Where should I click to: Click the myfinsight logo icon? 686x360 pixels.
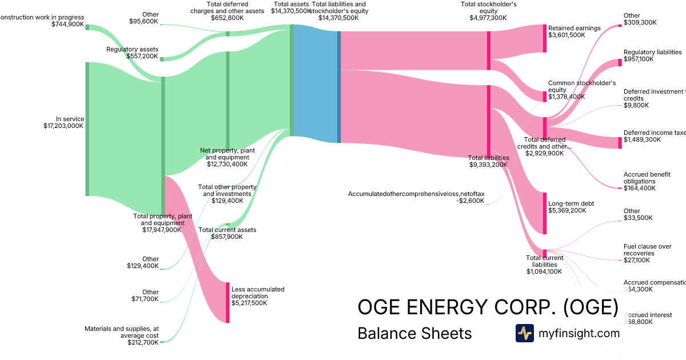(x=524, y=333)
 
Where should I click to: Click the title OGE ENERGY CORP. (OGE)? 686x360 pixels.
(x=488, y=307)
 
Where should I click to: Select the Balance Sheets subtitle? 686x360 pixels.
(x=414, y=333)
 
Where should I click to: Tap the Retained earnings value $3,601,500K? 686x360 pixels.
(x=567, y=35)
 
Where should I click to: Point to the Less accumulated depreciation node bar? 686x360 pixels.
(x=228, y=302)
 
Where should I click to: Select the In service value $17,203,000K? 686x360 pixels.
(x=63, y=126)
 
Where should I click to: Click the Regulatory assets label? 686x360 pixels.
(x=132, y=49)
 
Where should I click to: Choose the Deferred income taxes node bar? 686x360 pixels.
(x=620, y=142)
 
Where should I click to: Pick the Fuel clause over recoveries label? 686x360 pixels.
(x=647, y=250)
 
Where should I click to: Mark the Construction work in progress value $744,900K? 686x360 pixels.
(x=67, y=24)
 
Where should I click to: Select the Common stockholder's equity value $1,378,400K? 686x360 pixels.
(x=567, y=97)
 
